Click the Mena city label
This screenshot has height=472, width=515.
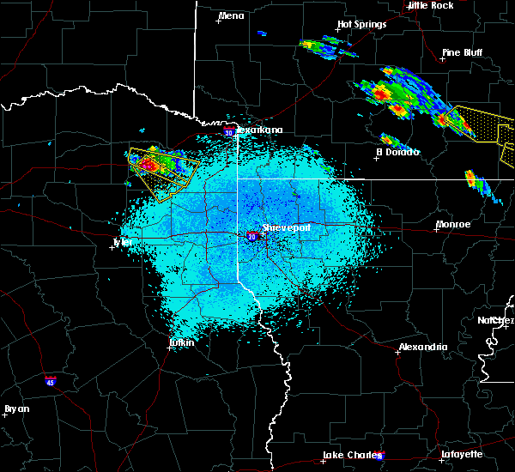coord(232,15)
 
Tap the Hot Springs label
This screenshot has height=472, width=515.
coord(361,25)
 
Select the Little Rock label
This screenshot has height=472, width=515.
coord(430,5)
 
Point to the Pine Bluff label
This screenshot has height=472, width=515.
coord(462,52)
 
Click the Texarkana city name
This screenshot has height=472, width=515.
coord(258,130)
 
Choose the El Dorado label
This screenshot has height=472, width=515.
coord(397,152)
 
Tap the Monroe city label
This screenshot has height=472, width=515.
coord(452,224)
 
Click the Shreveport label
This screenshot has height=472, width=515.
coord(286,227)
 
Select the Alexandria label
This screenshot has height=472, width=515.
coord(422,348)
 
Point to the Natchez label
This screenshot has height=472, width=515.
coord(496,320)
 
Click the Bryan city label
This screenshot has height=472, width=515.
coord(16,408)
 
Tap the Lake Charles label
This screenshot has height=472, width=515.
coord(350,455)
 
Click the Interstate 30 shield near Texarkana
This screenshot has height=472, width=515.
coord(228,132)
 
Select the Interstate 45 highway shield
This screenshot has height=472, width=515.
coord(51,378)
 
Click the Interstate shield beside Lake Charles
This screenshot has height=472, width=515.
coord(380,456)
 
